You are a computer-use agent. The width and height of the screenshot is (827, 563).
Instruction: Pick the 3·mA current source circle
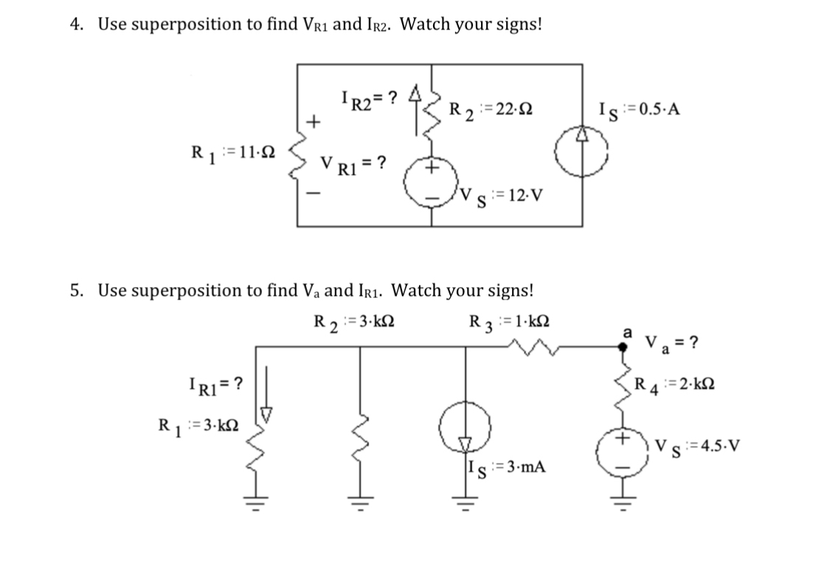coord(465,434)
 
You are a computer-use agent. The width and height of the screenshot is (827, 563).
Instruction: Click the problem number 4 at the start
coord(75,24)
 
